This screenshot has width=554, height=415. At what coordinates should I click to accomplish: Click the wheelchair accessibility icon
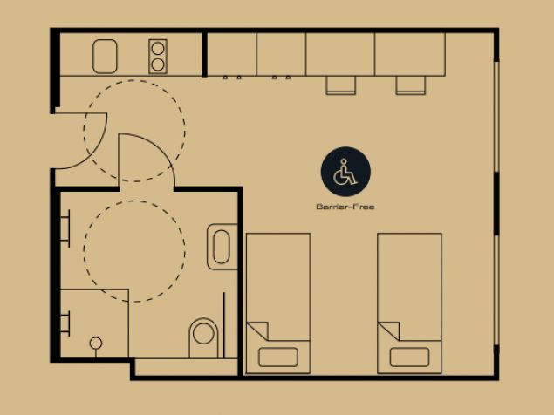click(345, 172)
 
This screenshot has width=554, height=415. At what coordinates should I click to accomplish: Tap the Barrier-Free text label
click(345, 207)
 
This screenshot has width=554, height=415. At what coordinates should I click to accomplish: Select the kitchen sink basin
click(105, 57)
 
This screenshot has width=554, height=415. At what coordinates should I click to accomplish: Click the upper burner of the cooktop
click(158, 48)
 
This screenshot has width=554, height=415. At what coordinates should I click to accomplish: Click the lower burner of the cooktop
click(158, 65)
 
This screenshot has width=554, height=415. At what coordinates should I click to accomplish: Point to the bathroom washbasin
click(222, 247)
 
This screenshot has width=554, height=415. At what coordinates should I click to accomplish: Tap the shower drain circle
click(96, 343)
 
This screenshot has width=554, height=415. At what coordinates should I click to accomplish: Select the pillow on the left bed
click(278, 357)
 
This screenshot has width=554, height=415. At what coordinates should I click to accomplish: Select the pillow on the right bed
click(409, 357)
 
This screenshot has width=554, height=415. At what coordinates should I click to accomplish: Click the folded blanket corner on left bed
click(260, 330)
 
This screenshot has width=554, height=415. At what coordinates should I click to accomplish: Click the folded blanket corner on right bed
click(391, 330)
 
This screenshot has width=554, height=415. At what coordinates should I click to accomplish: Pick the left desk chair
click(340, 85)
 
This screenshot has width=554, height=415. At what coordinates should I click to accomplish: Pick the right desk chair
click(411, 85)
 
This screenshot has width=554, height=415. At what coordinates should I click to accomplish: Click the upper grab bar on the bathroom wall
click(66, 228)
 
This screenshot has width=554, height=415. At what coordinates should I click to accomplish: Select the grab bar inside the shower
click(66, 323)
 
